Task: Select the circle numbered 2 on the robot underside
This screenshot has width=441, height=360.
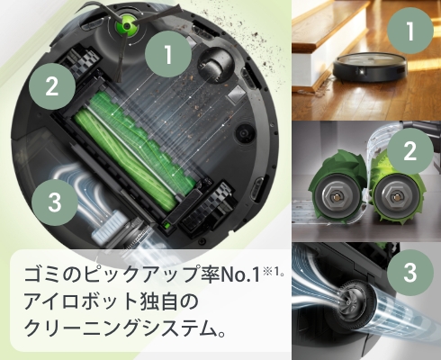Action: tap(51, 87)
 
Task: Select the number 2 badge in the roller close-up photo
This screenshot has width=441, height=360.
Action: tap(410, 151)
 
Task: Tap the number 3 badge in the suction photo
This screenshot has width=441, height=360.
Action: tap(410, 271)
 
